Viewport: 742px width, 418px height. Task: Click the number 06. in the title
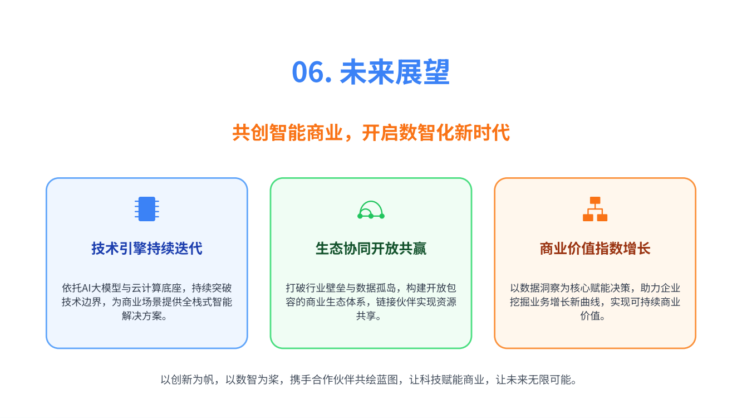click(312, 72)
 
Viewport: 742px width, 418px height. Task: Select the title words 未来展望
click(395, 72)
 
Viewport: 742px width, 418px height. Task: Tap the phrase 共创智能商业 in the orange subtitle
click(288, 133)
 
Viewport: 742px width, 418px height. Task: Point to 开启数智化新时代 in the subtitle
click(436, 133)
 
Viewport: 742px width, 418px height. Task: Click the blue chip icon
click(147, 209)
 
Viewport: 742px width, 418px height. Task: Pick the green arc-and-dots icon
click(371, 210)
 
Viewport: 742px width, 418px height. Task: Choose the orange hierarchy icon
click(595, 209)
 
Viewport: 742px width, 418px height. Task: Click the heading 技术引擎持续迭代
click(147, 249)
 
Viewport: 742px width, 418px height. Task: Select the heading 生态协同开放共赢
click(371, 249)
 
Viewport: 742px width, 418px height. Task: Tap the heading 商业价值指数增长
click(595, 249)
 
